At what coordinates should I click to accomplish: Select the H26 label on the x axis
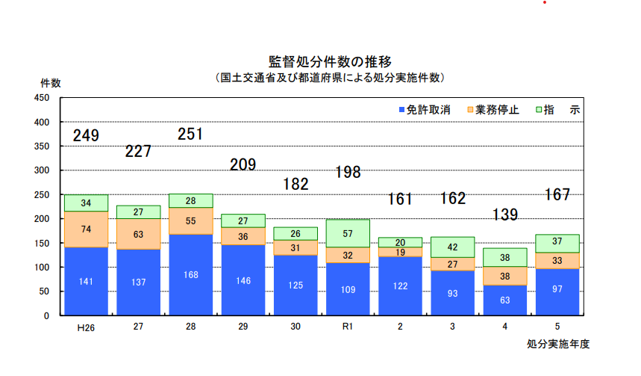tap(85, 327)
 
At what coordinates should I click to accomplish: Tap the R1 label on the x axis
tap(347, 327)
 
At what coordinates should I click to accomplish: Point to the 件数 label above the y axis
tap(51, 82)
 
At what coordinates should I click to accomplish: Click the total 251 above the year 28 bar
tap(190, 135)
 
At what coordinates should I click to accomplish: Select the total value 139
tap(504, 215)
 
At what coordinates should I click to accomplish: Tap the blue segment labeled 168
tap(190, 274)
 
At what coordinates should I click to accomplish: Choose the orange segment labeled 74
tap(86, 229)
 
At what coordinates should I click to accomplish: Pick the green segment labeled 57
tap(348, 233)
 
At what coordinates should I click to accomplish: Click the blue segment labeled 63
tap(504, 300)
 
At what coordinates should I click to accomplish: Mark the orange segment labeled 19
tap(400, 253)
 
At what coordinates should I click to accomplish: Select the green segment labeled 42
tap(452, 247)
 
